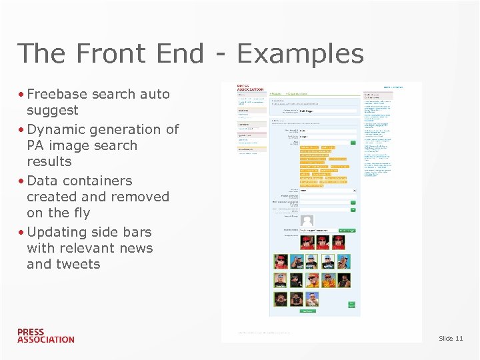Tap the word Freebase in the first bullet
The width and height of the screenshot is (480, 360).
click(x=57, y=94)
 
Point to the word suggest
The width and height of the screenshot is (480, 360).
click(x=52, y=110)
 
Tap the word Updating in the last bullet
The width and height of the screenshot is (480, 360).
click(x=56, y=232)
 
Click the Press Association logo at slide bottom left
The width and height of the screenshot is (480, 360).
click(x=45, y=335)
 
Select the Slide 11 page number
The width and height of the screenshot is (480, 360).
click(x=451, y=339)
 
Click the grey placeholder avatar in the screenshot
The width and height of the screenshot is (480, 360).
click(x=307, y=220)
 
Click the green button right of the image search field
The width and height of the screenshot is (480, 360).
click(x=347, y=231)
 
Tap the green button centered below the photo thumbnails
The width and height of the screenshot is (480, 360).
click(x=307, y=311)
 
